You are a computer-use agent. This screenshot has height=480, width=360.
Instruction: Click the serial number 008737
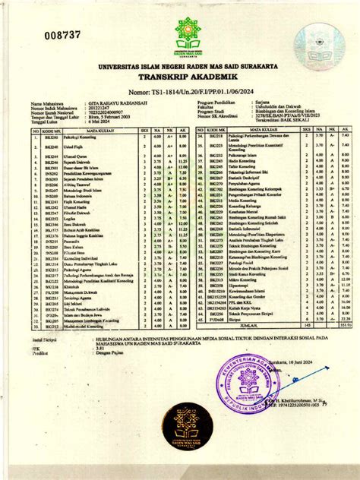[x=45, y=35]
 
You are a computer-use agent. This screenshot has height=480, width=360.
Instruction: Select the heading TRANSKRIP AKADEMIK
[x=180, y=77]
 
